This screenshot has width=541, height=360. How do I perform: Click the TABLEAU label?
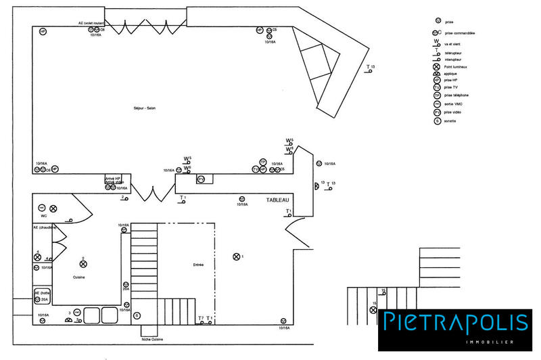point(277,200)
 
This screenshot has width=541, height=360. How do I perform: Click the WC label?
point(43,216)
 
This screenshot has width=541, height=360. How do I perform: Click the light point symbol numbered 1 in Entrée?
point(236,256)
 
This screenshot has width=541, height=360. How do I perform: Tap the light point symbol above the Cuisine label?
point(83,264)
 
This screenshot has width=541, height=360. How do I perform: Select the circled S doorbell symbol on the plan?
point(137,316)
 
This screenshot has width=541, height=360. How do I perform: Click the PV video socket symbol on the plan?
point(201,179)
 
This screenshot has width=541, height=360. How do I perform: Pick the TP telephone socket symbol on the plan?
point(263,162)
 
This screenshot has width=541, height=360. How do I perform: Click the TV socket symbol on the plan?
point(256,169)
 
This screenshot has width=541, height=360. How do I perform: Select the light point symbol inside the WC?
point(53,208)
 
